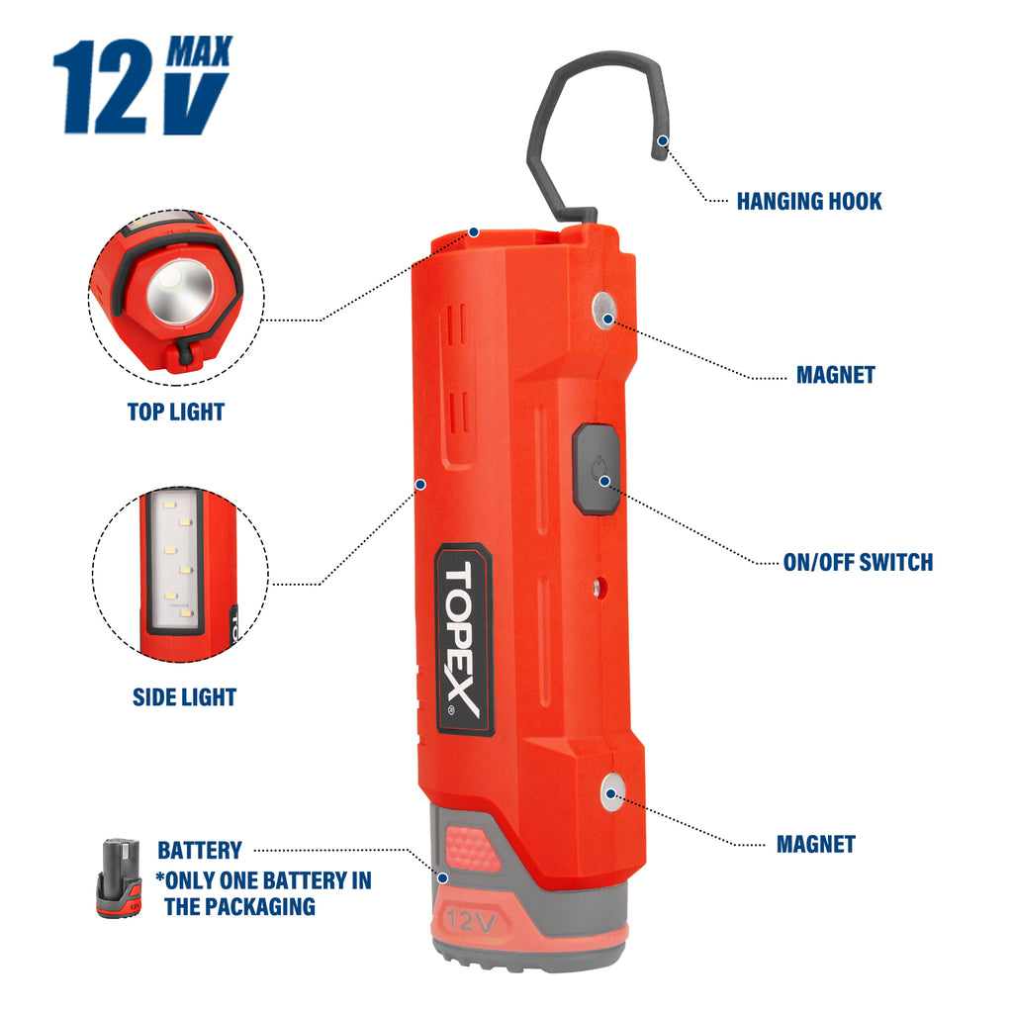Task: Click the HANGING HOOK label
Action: click(x=808, y=202)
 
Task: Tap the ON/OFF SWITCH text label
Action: click(x=857, y=563)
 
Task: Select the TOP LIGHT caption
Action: click(x=176, y=412)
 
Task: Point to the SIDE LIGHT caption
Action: click(x=184, y=697)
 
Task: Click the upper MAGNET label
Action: click(x=835, y=375)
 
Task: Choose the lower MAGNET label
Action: click(x=815, y=845)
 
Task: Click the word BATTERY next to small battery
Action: click(x=200, y=851)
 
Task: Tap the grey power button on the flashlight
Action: click(x=597, y=469)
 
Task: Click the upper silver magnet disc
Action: click(x=606, y=310)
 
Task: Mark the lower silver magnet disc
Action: click(x=612, y=793)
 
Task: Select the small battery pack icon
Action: click(x=119, y=879)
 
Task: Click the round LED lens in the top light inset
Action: click(x=180, y=292)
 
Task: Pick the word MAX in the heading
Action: click(x=199, y=50)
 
